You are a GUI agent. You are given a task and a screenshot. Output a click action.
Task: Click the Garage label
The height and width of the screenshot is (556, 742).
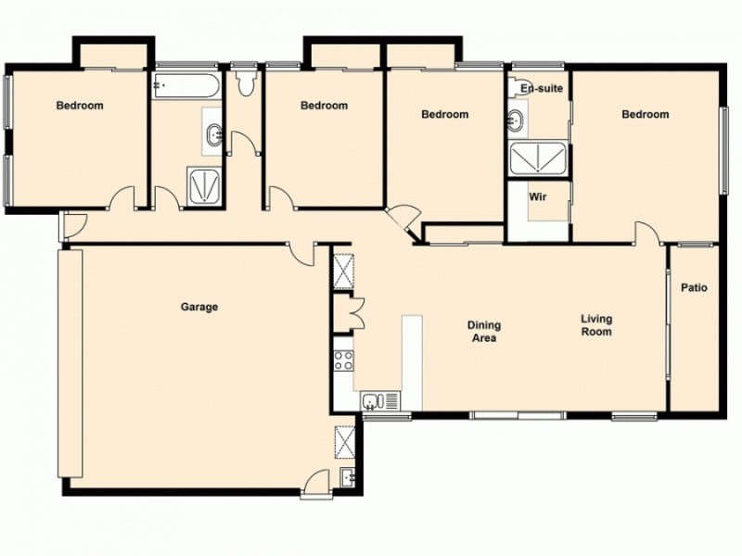(199, 307)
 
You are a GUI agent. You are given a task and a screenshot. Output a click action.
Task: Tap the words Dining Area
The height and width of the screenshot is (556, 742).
(483, 332)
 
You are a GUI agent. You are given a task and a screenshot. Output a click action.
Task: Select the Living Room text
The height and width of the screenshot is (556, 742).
(596, 325)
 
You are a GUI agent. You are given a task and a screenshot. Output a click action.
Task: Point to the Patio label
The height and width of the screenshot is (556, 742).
(694, 288)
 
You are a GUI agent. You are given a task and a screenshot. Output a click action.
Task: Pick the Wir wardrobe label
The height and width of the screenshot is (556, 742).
(536, 197)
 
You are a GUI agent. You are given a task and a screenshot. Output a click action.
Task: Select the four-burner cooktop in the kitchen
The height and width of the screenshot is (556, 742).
(342, 360)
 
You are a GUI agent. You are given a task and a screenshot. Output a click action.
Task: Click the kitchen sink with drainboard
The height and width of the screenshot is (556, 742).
(379, 401)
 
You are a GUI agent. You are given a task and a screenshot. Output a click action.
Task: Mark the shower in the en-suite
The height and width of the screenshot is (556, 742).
(539, 158)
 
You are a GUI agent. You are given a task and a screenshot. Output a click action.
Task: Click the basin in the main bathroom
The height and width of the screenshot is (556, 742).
(214, 134)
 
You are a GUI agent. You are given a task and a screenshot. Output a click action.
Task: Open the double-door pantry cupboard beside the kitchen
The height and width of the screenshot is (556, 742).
(343, 310)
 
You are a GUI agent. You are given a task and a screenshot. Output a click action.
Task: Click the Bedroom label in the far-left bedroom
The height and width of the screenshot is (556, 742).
(80, 106)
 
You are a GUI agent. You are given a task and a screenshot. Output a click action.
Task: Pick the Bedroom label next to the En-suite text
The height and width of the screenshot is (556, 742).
(645, 115)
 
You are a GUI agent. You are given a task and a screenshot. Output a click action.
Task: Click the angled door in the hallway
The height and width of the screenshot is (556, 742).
(403, 221)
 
